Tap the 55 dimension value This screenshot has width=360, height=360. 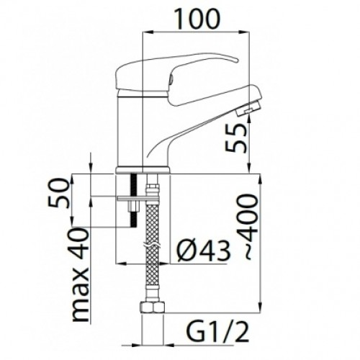237,139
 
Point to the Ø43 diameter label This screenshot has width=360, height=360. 203,251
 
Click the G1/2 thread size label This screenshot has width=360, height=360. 217,332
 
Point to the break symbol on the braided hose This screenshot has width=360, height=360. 152,246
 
